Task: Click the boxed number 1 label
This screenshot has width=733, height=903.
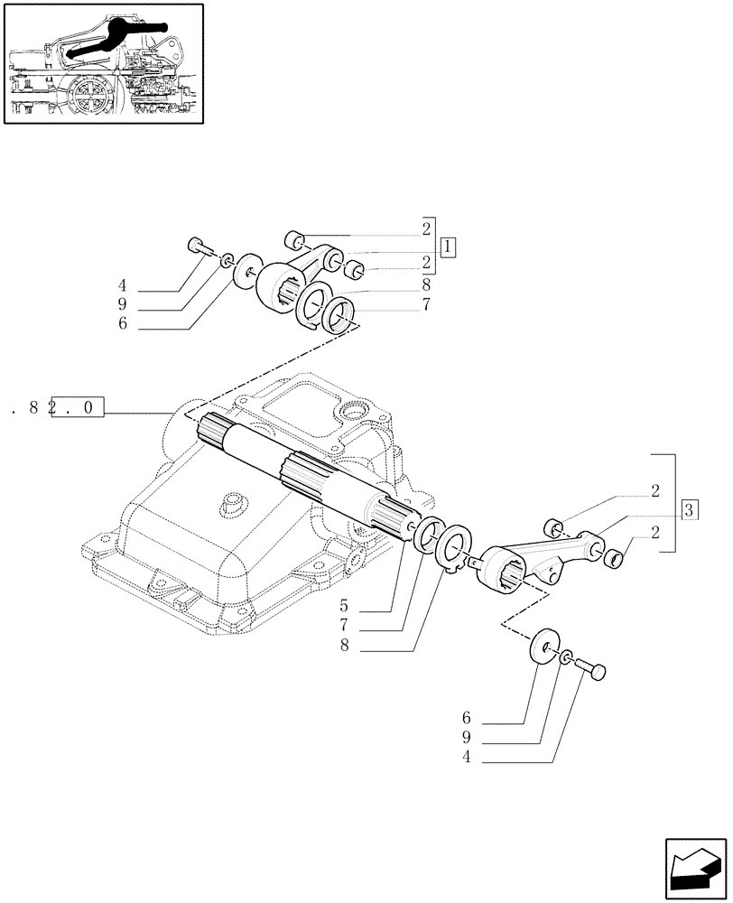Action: point(449,247)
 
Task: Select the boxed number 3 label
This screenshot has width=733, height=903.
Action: point(689,509)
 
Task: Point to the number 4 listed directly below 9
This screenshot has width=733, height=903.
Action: point(466,760)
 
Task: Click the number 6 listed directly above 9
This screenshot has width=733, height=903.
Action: point(466,720)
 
